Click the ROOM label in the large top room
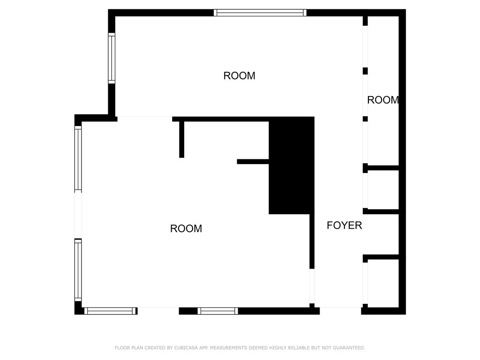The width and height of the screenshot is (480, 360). pyautogui.click(x=239, y=75)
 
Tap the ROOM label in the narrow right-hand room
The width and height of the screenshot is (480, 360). pyautogui.click(x=383, y=100)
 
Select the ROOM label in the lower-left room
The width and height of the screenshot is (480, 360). pyautogui.click(x=186, y=228)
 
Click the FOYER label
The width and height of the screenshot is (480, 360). pyautogui.click(x=345, y=225)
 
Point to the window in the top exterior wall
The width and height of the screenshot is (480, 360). pyautogui.click(x=260, y=13)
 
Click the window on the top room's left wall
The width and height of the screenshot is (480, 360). pyautogui.click(x=112, y=58)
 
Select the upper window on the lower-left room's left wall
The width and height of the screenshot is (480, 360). pyautogui.click(x=78, y=159)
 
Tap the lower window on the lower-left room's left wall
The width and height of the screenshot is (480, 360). pyautogui.click(x=78, y=270)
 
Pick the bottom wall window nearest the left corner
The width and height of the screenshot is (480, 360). pyautogui.click(x=110, y=311)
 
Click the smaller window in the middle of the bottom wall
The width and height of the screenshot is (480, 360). pyautogui.click(x=217, y=311)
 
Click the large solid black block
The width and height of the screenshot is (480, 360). pyautogui.click(x=292, y=165)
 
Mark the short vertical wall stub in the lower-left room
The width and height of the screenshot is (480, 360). pyautogui.click(x=181, y=139)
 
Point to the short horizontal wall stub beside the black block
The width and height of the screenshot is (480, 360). pyautogui.click(x=253, y=162)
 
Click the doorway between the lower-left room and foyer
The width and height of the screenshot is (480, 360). pyautogui.click(x=312, y=286)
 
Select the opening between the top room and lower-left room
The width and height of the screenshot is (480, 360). pyautogui.click(x=145, y=119)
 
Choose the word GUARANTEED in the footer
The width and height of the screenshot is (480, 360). pyautogui.click(x=349, y=348)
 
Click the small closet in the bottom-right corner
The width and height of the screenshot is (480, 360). pyautogui.click(x=383, y=283)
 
